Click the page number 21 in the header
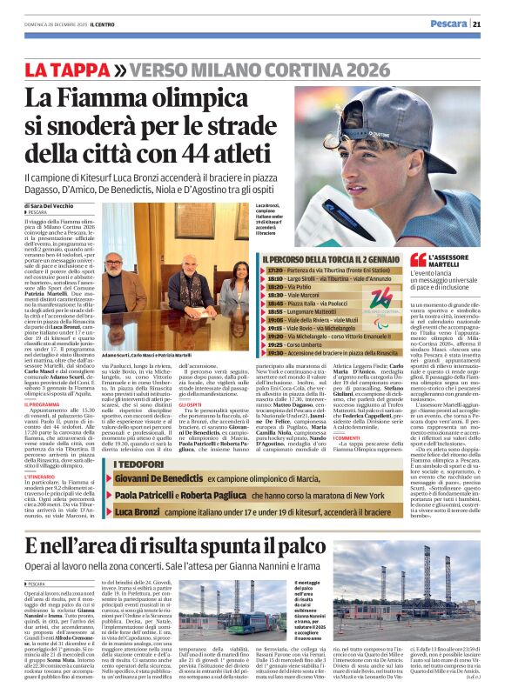click(489, 23)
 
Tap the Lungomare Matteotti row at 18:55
click(313, 310)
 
